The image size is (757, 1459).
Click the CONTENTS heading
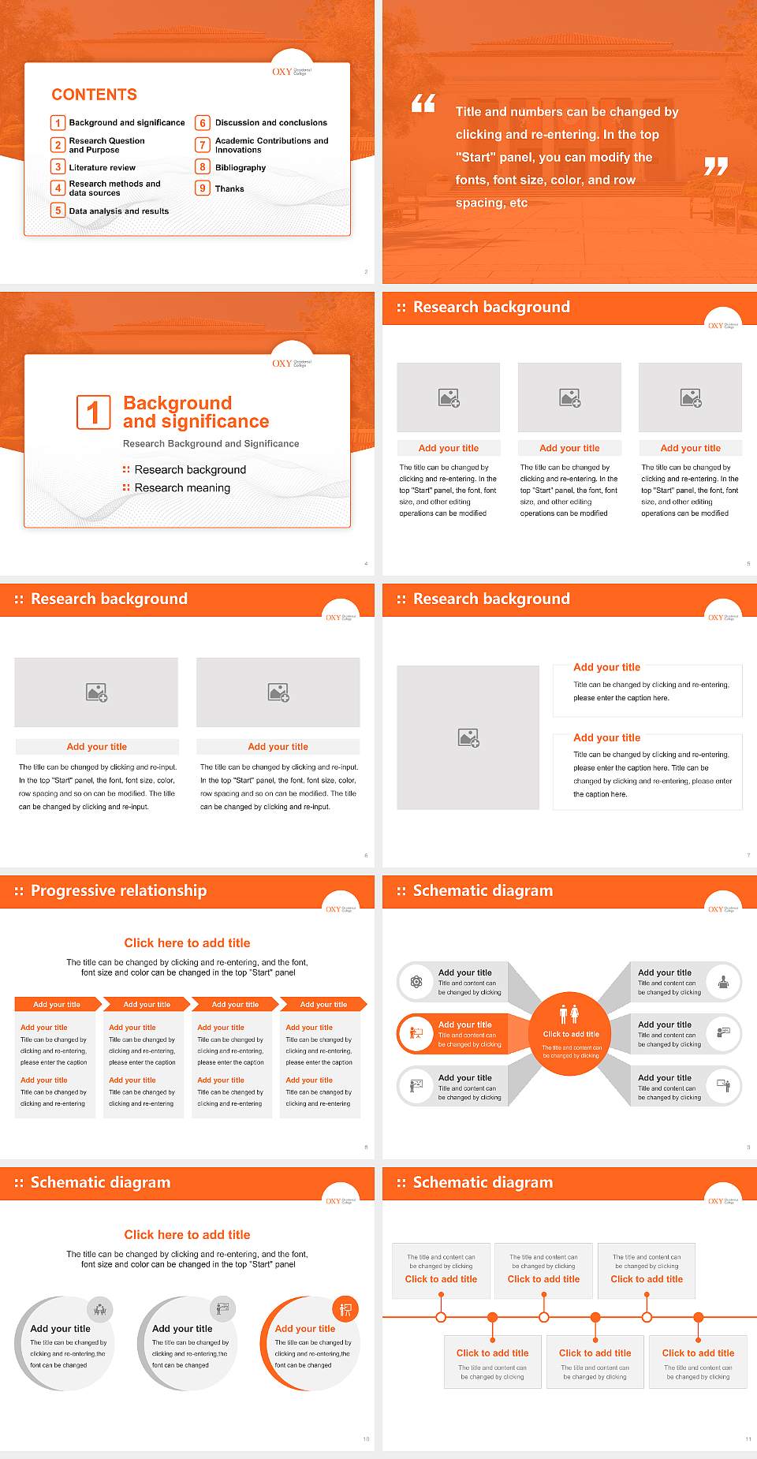coord(95,95)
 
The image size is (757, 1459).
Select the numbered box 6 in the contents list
coord(203,123)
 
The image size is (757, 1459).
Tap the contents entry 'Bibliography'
coord(241,168)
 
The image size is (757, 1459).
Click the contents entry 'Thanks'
coord(229,189)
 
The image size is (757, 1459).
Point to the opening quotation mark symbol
coord(423,103)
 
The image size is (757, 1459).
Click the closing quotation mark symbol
coord(716,166)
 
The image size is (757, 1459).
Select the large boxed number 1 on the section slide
coord(94,412)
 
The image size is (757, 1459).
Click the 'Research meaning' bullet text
coord(182,488)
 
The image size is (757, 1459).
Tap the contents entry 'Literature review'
coord(103,168)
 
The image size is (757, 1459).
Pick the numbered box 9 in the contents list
coord(203,188)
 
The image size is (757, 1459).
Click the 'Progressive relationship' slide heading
coord(118,890)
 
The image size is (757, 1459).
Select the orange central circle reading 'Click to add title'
coord(570,1033)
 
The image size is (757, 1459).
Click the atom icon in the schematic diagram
coord(416,981)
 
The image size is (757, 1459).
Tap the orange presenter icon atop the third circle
coord(345,1310)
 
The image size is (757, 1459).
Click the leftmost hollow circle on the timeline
coord(441,1317)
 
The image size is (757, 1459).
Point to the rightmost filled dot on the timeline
coord(698,1317)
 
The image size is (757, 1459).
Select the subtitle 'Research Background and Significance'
coord(211,444)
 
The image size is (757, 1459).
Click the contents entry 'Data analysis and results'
coord(119,211)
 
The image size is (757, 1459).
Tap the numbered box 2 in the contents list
coord(58,145)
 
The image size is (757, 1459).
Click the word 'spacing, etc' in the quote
coord(491,203)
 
